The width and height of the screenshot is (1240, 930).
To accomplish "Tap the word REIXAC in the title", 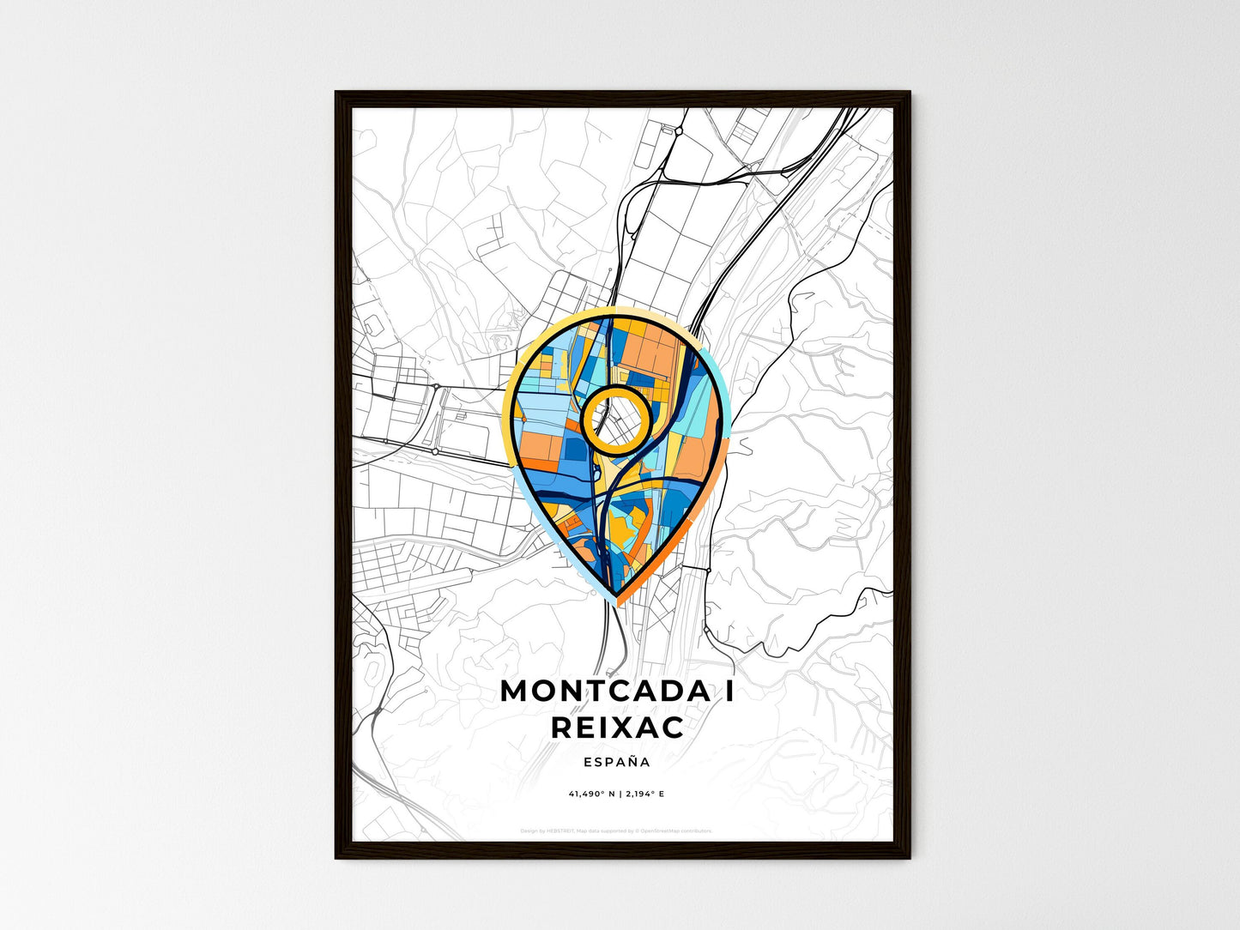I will coord(617,728).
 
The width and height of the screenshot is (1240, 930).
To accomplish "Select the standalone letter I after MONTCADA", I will coord(729,691).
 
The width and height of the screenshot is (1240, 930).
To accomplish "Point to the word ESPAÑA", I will coord(616,762).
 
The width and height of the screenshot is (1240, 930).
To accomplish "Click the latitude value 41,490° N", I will coord(590,794).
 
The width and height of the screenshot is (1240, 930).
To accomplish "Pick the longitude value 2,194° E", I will coord(644,794).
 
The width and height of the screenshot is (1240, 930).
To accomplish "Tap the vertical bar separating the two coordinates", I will coord(618,794).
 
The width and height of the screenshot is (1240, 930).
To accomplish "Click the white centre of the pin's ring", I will coord(614,418).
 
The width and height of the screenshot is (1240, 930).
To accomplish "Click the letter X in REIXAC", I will coord(626,728).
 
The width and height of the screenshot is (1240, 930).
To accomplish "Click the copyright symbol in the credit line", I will coord(637,831).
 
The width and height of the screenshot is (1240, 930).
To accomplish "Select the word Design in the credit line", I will coord(528,831).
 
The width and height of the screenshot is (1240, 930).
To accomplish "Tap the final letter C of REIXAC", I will coord(674,728).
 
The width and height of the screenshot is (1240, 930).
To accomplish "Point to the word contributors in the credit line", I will coord(696,831).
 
